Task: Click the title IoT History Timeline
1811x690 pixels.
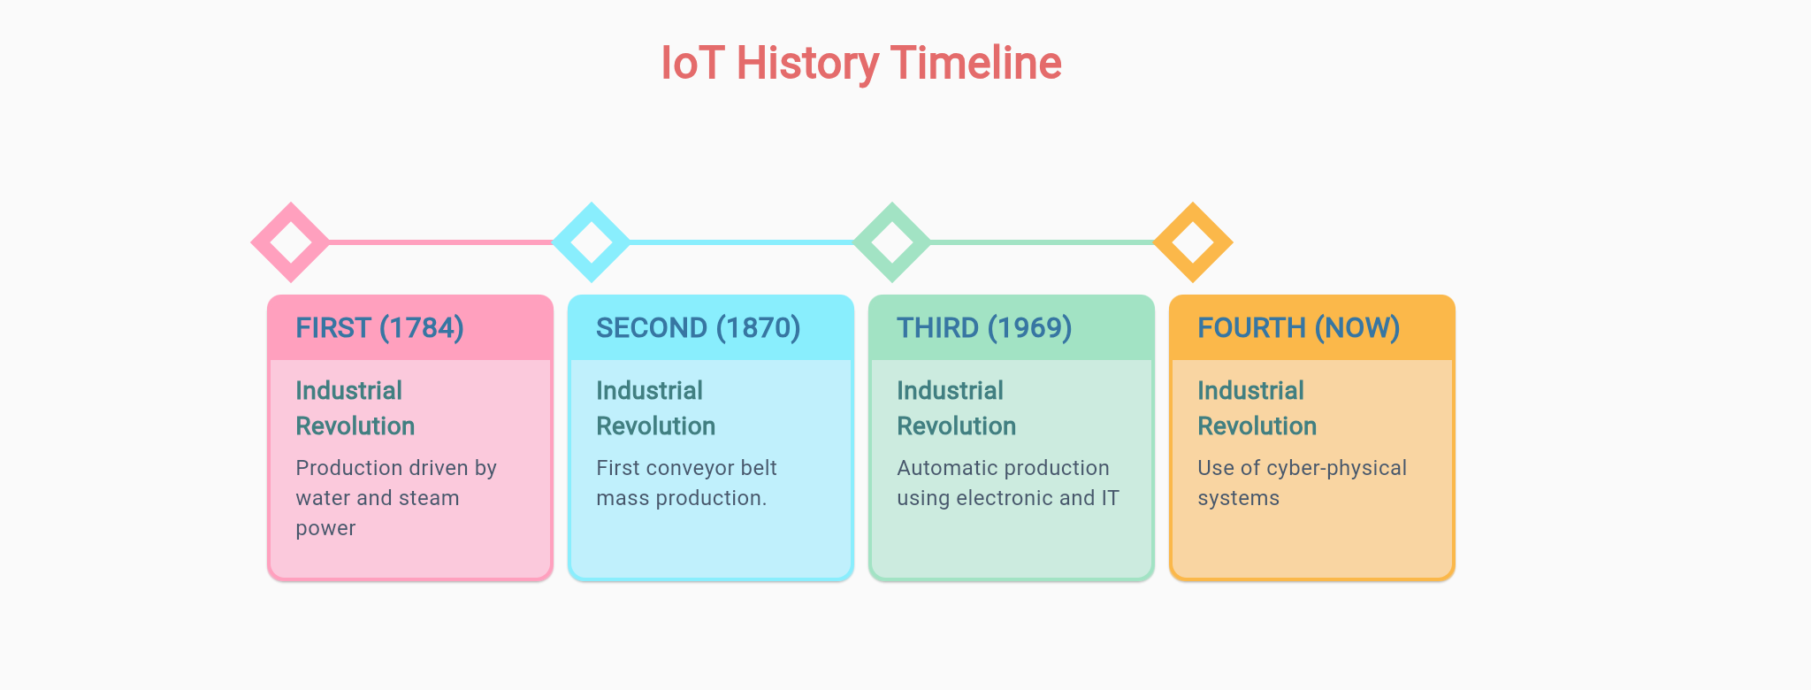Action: [x=861, y=64]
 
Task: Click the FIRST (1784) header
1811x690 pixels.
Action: [x=380, y=328]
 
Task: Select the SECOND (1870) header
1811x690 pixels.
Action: [x=699, y=328]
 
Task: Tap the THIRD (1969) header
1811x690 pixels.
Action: [x=984, y=328]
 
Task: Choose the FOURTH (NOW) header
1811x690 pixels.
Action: [x=1298, y=328]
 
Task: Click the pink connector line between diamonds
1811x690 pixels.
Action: [x=440, y=241]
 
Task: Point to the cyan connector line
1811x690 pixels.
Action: [x=741, y=241]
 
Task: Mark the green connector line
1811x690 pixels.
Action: [x=1042, y=241]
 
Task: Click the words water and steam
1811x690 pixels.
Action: [x=378, y=498]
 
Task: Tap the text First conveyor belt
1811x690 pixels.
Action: [x=686, y=468]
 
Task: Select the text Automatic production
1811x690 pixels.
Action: [x=1003, y=468]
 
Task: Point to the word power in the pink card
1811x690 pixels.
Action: [x=325, y=528]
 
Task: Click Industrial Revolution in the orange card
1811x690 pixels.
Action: [x=1257, y=409]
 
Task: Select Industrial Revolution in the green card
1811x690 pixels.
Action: [x=956, y=409]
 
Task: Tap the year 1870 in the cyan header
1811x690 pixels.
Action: [x=758, y=328]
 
